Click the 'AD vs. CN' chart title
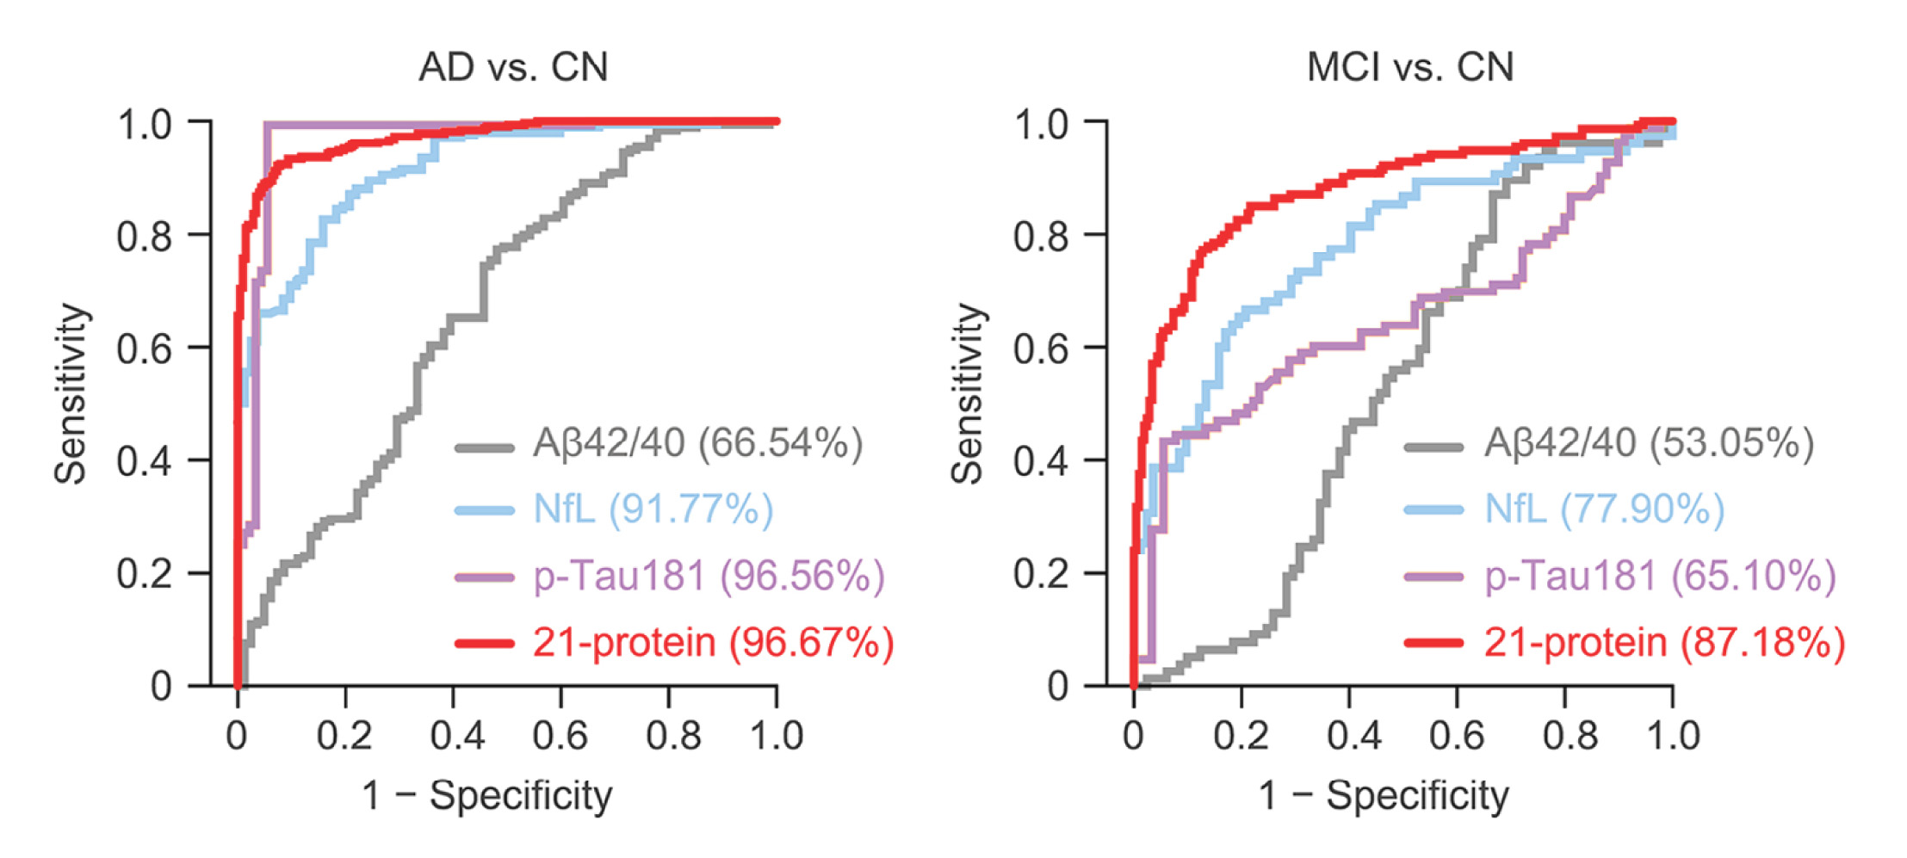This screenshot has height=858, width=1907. [513, 67]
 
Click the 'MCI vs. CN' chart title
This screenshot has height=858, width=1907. [1409, 67]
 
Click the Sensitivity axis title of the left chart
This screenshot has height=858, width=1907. [71, 394]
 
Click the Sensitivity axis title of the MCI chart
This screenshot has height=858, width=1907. [968, 394]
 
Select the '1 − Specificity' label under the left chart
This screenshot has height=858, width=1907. [486, 795]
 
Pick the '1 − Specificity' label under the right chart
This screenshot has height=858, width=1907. [1384, 795]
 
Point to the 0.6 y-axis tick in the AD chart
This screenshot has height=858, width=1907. [144, 349]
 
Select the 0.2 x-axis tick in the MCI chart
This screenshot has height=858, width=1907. [1241, 737]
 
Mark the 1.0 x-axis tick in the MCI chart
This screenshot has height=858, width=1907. [1673, 737]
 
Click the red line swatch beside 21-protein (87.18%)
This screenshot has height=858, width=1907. [1433, 643]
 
